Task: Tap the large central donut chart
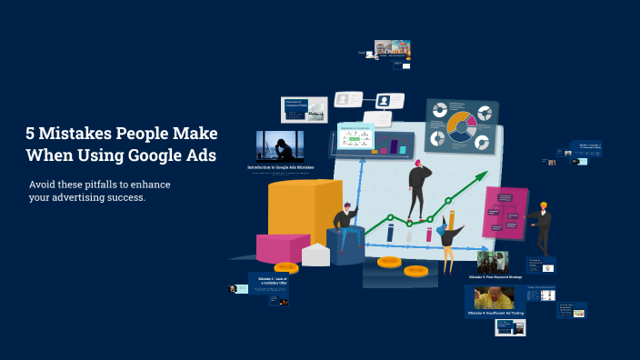[x=461, y=126]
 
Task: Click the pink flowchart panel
[x=505, y=213]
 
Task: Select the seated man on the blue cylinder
[x=344, y=218]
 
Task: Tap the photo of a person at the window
[x=279, y=145]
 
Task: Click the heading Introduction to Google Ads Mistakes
[x=280, y=167]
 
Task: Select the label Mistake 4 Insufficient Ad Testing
[x=495, y=313]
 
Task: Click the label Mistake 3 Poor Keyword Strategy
[x=495, y=276]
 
